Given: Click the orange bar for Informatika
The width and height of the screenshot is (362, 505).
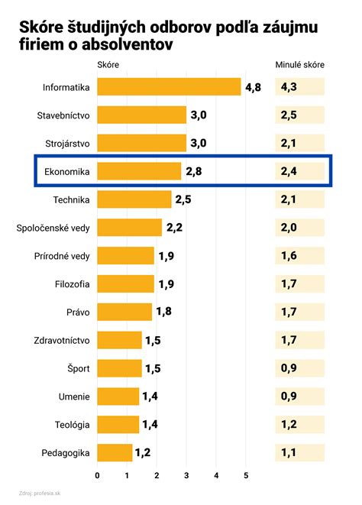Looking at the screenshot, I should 169,87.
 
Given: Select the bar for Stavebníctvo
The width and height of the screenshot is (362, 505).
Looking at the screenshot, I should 142,115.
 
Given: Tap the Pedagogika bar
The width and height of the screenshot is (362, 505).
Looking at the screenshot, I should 115,453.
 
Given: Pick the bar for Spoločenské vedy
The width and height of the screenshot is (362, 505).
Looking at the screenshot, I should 130,228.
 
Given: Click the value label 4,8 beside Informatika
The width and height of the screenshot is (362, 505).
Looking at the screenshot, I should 253,87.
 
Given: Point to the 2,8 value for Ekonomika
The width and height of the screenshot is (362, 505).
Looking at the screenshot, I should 194,172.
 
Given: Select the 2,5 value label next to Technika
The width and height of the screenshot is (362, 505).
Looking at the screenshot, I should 184,200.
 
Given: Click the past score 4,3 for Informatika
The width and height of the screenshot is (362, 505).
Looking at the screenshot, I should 289,87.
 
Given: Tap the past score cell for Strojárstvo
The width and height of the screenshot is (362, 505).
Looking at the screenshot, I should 289,144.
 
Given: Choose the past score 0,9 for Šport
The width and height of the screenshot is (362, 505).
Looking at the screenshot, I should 289,369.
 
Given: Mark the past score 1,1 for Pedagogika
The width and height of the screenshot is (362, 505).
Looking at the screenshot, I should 289,453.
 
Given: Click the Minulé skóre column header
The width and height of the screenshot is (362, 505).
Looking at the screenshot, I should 299,65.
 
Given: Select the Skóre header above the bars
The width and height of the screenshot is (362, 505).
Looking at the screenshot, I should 108,65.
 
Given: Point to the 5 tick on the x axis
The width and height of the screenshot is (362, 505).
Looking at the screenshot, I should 246,476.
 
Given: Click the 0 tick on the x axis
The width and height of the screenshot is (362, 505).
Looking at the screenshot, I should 98,476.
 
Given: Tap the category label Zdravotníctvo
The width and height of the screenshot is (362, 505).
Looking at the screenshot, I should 62,341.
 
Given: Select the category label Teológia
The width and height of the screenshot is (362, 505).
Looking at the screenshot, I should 72,425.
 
